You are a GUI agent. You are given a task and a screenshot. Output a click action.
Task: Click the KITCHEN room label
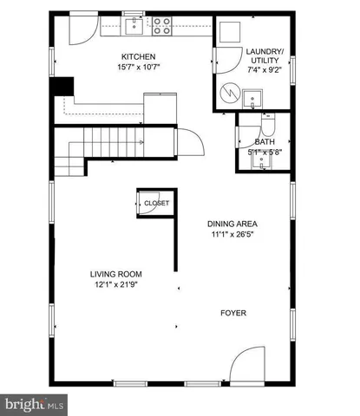[x=137, y=57]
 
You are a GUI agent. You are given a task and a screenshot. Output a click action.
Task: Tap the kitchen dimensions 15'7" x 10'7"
[x=137, y=68]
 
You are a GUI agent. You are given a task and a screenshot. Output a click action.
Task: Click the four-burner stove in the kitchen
[x=162, y=28]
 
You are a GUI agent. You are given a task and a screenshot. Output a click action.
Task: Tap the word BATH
[x=264, y=142]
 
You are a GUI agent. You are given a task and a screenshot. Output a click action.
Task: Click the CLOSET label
[x=157, y=203]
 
